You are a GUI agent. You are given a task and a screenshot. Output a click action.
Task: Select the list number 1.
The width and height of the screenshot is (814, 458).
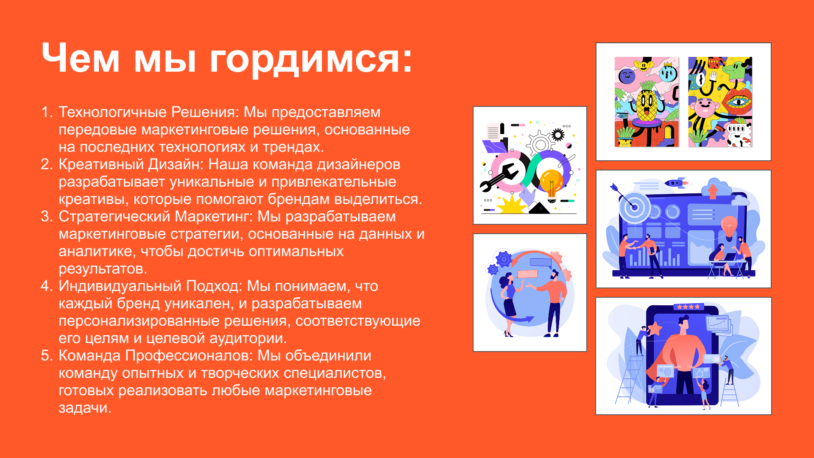(46, 112)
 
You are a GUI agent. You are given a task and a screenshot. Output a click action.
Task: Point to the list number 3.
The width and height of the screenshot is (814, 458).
(46, 216)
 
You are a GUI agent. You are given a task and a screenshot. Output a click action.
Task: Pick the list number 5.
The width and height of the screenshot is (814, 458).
(46, 355)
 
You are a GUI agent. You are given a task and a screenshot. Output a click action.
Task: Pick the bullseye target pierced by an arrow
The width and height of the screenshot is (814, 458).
(633, 207)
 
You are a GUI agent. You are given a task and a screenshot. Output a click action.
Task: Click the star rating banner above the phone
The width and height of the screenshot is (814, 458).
(688, 307)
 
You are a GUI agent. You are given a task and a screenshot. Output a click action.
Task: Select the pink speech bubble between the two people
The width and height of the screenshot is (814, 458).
(528, 274)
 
